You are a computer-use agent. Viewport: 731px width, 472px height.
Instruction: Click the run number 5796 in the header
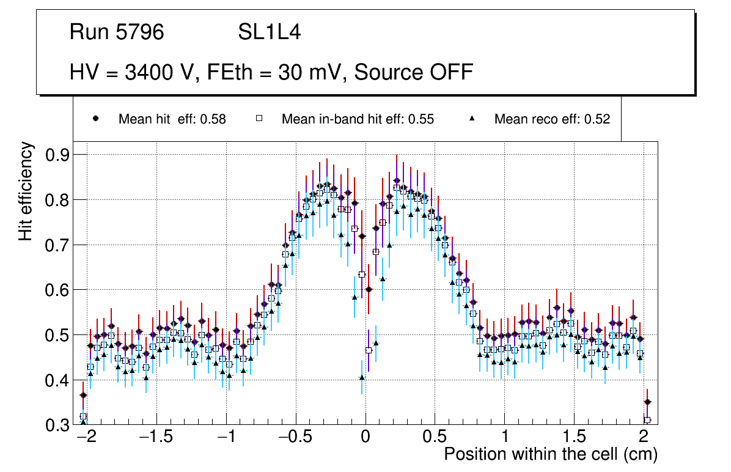[x=141, y=32]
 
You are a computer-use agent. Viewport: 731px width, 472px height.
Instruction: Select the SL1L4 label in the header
[x=269, y=32]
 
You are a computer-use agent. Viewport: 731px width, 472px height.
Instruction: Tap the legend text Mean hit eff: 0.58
[x=172, y=119]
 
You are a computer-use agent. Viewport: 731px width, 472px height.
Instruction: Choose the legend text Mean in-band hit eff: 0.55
[x=358, y=119]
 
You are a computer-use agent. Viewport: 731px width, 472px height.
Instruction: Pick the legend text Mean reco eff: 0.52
[x=552, y=119]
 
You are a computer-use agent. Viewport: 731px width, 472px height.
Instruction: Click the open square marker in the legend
[x=259, y=119]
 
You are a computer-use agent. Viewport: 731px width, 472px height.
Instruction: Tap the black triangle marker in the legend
[x=472, y=119]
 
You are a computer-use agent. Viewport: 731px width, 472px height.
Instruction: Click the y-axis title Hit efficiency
[x=26, y=191]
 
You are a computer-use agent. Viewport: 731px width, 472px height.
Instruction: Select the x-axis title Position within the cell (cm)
[x=550, y=454]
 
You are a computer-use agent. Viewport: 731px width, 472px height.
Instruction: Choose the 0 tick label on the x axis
[x=365, y=438]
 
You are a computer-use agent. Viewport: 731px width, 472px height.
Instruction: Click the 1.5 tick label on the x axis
[x=573, y=438]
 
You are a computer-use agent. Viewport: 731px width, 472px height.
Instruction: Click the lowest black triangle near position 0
[x=362, y=378]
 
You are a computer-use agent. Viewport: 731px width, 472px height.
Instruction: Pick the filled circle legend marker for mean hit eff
[x=95, y=119]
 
